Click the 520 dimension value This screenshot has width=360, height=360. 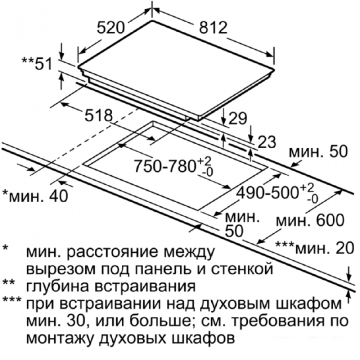coord(111,28)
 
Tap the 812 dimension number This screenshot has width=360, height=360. coord(213,28)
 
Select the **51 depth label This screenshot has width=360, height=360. coord(37,63)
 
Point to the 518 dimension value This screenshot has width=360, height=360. coord(99,116)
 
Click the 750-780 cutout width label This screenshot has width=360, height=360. coord(174,166)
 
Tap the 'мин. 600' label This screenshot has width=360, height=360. coord(310,220)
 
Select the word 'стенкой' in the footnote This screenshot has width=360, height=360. coord(242,269)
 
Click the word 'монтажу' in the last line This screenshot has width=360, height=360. coord(62,338)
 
